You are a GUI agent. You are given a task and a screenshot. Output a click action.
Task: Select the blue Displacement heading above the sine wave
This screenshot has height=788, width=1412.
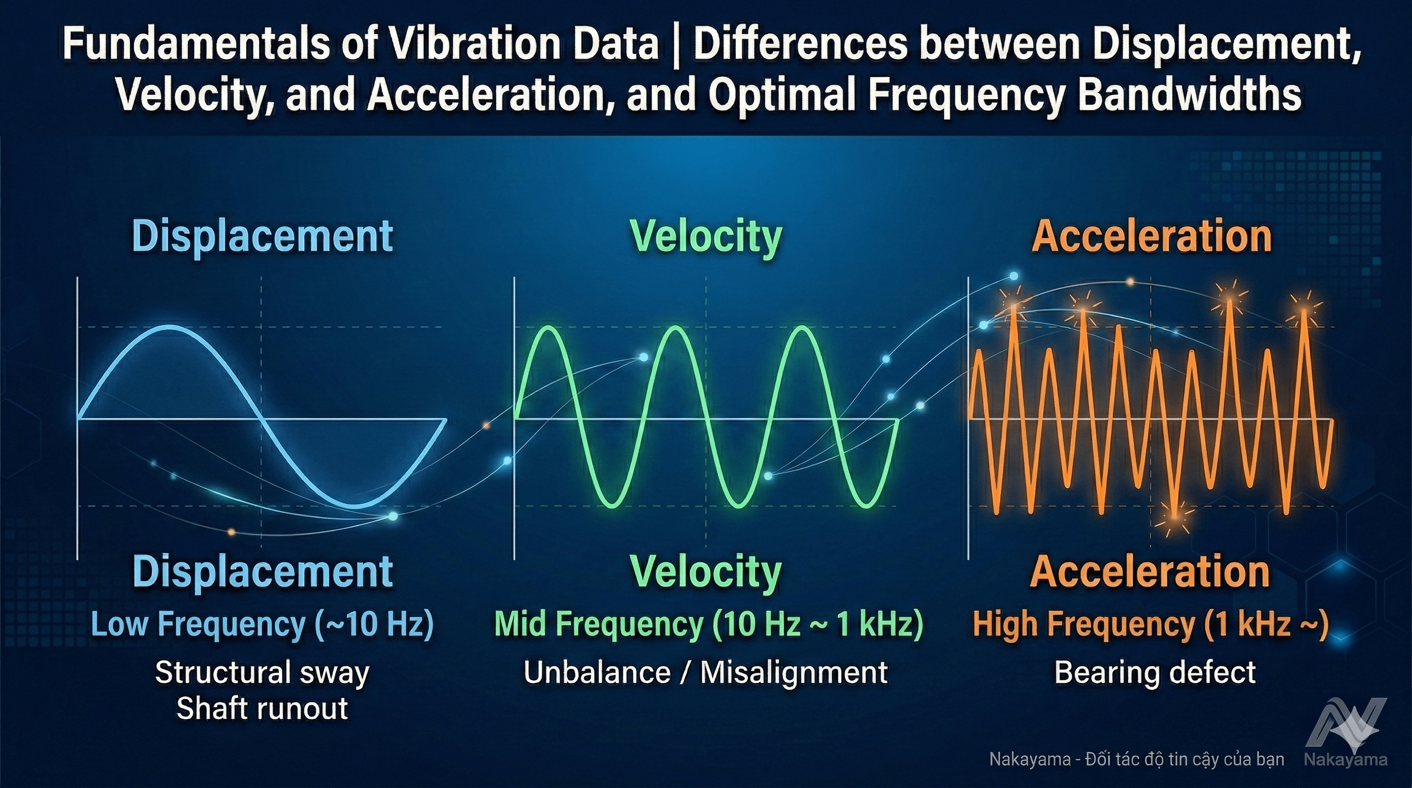(x=262, y=236)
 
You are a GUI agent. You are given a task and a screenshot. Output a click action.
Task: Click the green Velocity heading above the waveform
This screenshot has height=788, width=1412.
(x=705, y=236)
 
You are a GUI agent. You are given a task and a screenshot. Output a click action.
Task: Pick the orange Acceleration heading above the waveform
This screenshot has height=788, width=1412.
(x=1151, y=236)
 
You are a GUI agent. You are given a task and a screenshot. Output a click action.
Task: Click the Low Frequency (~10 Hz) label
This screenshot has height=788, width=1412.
(x=262, y=624)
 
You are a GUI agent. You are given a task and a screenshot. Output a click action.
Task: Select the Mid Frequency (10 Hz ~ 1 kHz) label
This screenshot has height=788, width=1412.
(x=708, y=624)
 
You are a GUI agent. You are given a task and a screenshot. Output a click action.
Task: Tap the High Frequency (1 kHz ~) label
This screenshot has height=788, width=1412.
(x=1150, y=624)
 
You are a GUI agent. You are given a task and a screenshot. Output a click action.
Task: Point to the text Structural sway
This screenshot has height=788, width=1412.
(x=262, y=673)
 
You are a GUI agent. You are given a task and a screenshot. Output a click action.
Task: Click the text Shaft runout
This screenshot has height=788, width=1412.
(x=262, y=708)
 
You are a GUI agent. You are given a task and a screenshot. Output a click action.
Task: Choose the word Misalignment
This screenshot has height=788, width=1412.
(x=794, y=673)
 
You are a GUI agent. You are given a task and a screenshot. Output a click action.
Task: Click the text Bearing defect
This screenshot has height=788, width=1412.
(x=1154, y=673)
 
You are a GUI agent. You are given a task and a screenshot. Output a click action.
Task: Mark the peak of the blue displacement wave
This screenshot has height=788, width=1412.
(x=169, y=327)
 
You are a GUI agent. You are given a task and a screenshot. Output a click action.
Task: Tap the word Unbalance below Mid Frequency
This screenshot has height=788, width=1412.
(x=596, y=673)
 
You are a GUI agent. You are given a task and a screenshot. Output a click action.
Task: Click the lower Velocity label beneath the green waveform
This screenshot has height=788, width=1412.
(x=705, y=572)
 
